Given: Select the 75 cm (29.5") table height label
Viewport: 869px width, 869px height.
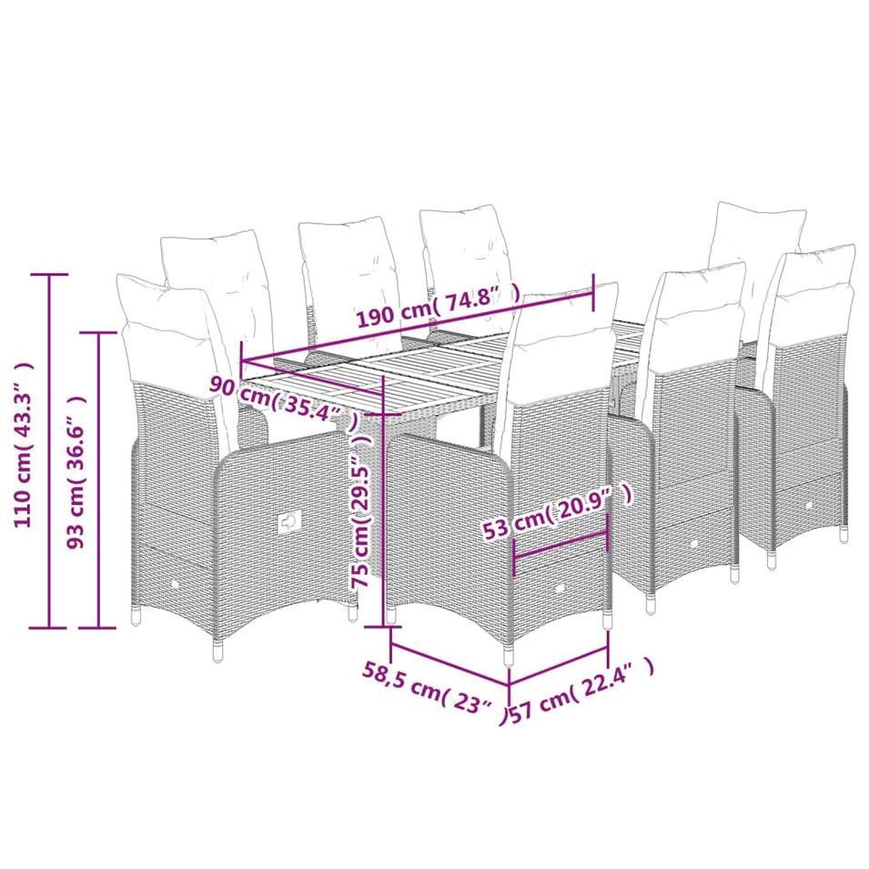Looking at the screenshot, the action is (x=360, y=510).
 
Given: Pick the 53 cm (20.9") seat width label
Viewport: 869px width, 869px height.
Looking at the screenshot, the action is (x=557, y=510).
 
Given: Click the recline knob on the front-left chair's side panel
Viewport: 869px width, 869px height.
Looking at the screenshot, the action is (x=289, y=521).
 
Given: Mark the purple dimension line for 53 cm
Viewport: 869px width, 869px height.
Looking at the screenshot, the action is (x=561, y=546).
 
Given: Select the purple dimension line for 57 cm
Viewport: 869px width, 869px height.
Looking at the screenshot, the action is (x=559, y=666).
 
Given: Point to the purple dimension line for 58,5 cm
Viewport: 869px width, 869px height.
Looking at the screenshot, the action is (x=450, y=662).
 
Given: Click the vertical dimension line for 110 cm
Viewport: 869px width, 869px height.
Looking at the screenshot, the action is (x=49, y=450).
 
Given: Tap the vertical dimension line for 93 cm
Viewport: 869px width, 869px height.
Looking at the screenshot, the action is (x=98, y=480).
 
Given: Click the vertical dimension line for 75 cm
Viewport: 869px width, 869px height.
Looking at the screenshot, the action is (x=383, y=501).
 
